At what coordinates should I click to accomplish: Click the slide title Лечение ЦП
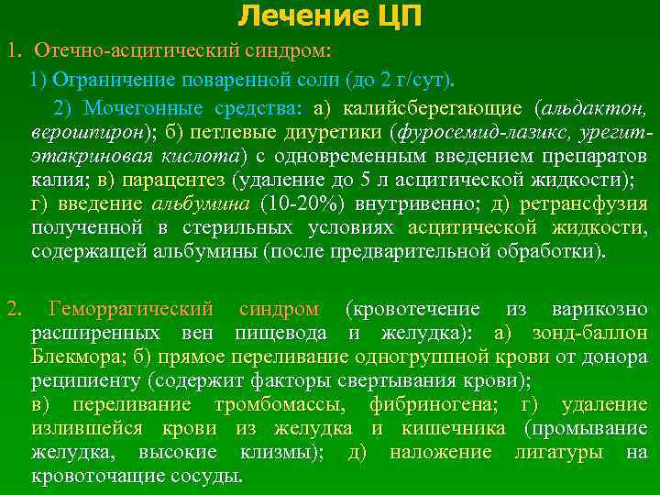331,16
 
